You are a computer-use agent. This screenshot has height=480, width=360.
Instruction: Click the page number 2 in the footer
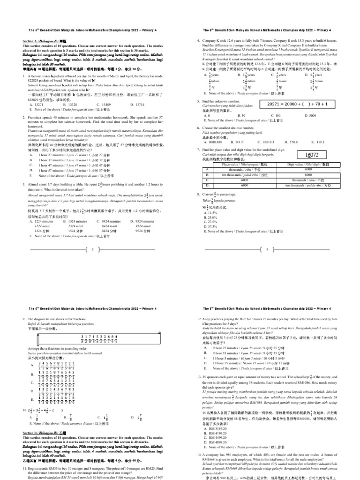click(93, 250)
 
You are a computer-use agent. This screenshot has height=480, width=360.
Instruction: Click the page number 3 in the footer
click(267, 250)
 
